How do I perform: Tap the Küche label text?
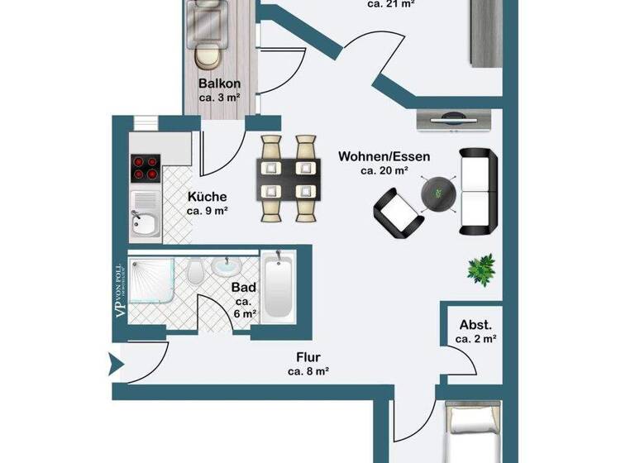coord(208,197)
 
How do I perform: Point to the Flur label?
coord(308,358)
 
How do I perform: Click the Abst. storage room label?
coord(476,325)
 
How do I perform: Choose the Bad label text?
coord(243,288)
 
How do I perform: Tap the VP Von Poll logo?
coord(119,291)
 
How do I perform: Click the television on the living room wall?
coord(456,121)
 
